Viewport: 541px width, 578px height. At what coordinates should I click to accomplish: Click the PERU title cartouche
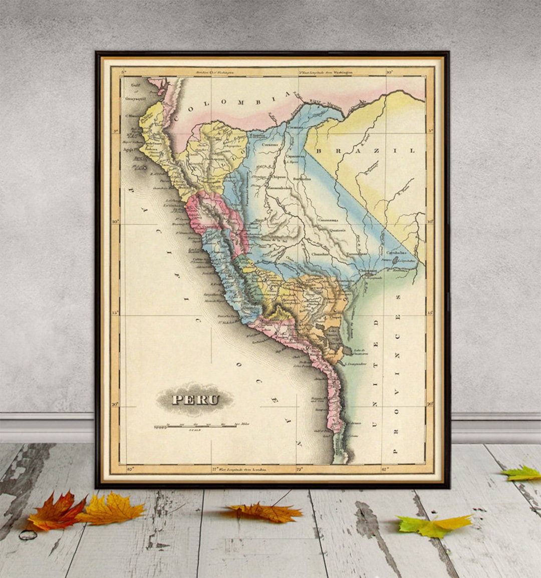pyautogui.click(x=195, y=399)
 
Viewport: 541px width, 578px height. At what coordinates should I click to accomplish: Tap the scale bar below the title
pyautogui.click(x=195, y=426)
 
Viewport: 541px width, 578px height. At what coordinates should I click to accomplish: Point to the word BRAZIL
pyautogui.click(x=366, y=150)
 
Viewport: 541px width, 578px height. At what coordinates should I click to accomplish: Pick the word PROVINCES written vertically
pyautogui.click(x=397, y=374)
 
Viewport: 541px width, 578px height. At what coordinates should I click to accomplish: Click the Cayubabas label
pyautogui.click(x=396, y=253)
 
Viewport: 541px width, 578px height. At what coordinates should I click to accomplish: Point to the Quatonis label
pyautogui.click(x=337, y=230)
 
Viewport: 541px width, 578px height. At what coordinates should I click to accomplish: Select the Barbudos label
pyautogui.click(x=302, y=178)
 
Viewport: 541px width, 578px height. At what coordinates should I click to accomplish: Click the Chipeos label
pyautogui.click(x=278, y=177)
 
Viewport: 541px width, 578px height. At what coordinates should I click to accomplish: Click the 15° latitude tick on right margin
pyautogui.click(x=430, y=313)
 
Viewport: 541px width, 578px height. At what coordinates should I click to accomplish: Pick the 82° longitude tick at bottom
pyautogui.click(x=131, y=469)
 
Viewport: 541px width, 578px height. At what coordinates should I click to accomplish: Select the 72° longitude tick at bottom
pyautogui.click(x=300, y=469)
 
